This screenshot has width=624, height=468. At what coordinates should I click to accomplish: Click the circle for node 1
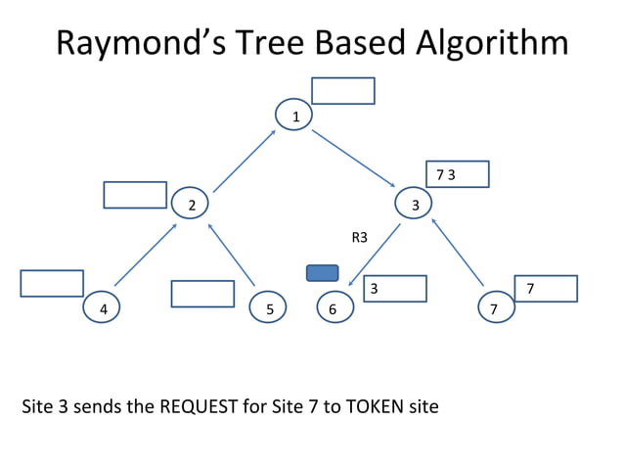pyautogui.click(x=293, y=116)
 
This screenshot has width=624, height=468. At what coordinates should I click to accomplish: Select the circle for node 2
pyautogui.click(x=190, y=204)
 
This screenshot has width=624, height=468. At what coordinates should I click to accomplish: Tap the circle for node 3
pyautogui.click(x=414, y=204)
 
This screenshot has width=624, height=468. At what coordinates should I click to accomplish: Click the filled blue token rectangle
pyautogui.click(x=322, y=273)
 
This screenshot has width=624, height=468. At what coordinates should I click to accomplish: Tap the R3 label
pyautogui.click(x=359, y=237)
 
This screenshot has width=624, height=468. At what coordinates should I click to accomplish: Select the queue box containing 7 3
pyautogui.click(x=457, y=174)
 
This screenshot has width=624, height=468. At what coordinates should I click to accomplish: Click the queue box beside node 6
pyautogui.click(x=395, y=289)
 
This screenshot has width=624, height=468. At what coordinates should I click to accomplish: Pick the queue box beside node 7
pyautogui.click(x=545, y=289)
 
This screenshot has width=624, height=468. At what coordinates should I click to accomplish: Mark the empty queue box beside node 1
pyautogui.click(x=342, y=90)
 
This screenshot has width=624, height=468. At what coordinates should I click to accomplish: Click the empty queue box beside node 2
pyautogui.click(x=135, y=195)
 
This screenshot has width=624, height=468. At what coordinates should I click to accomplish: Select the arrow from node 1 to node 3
pyautogui.click(x=353, y=159)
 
